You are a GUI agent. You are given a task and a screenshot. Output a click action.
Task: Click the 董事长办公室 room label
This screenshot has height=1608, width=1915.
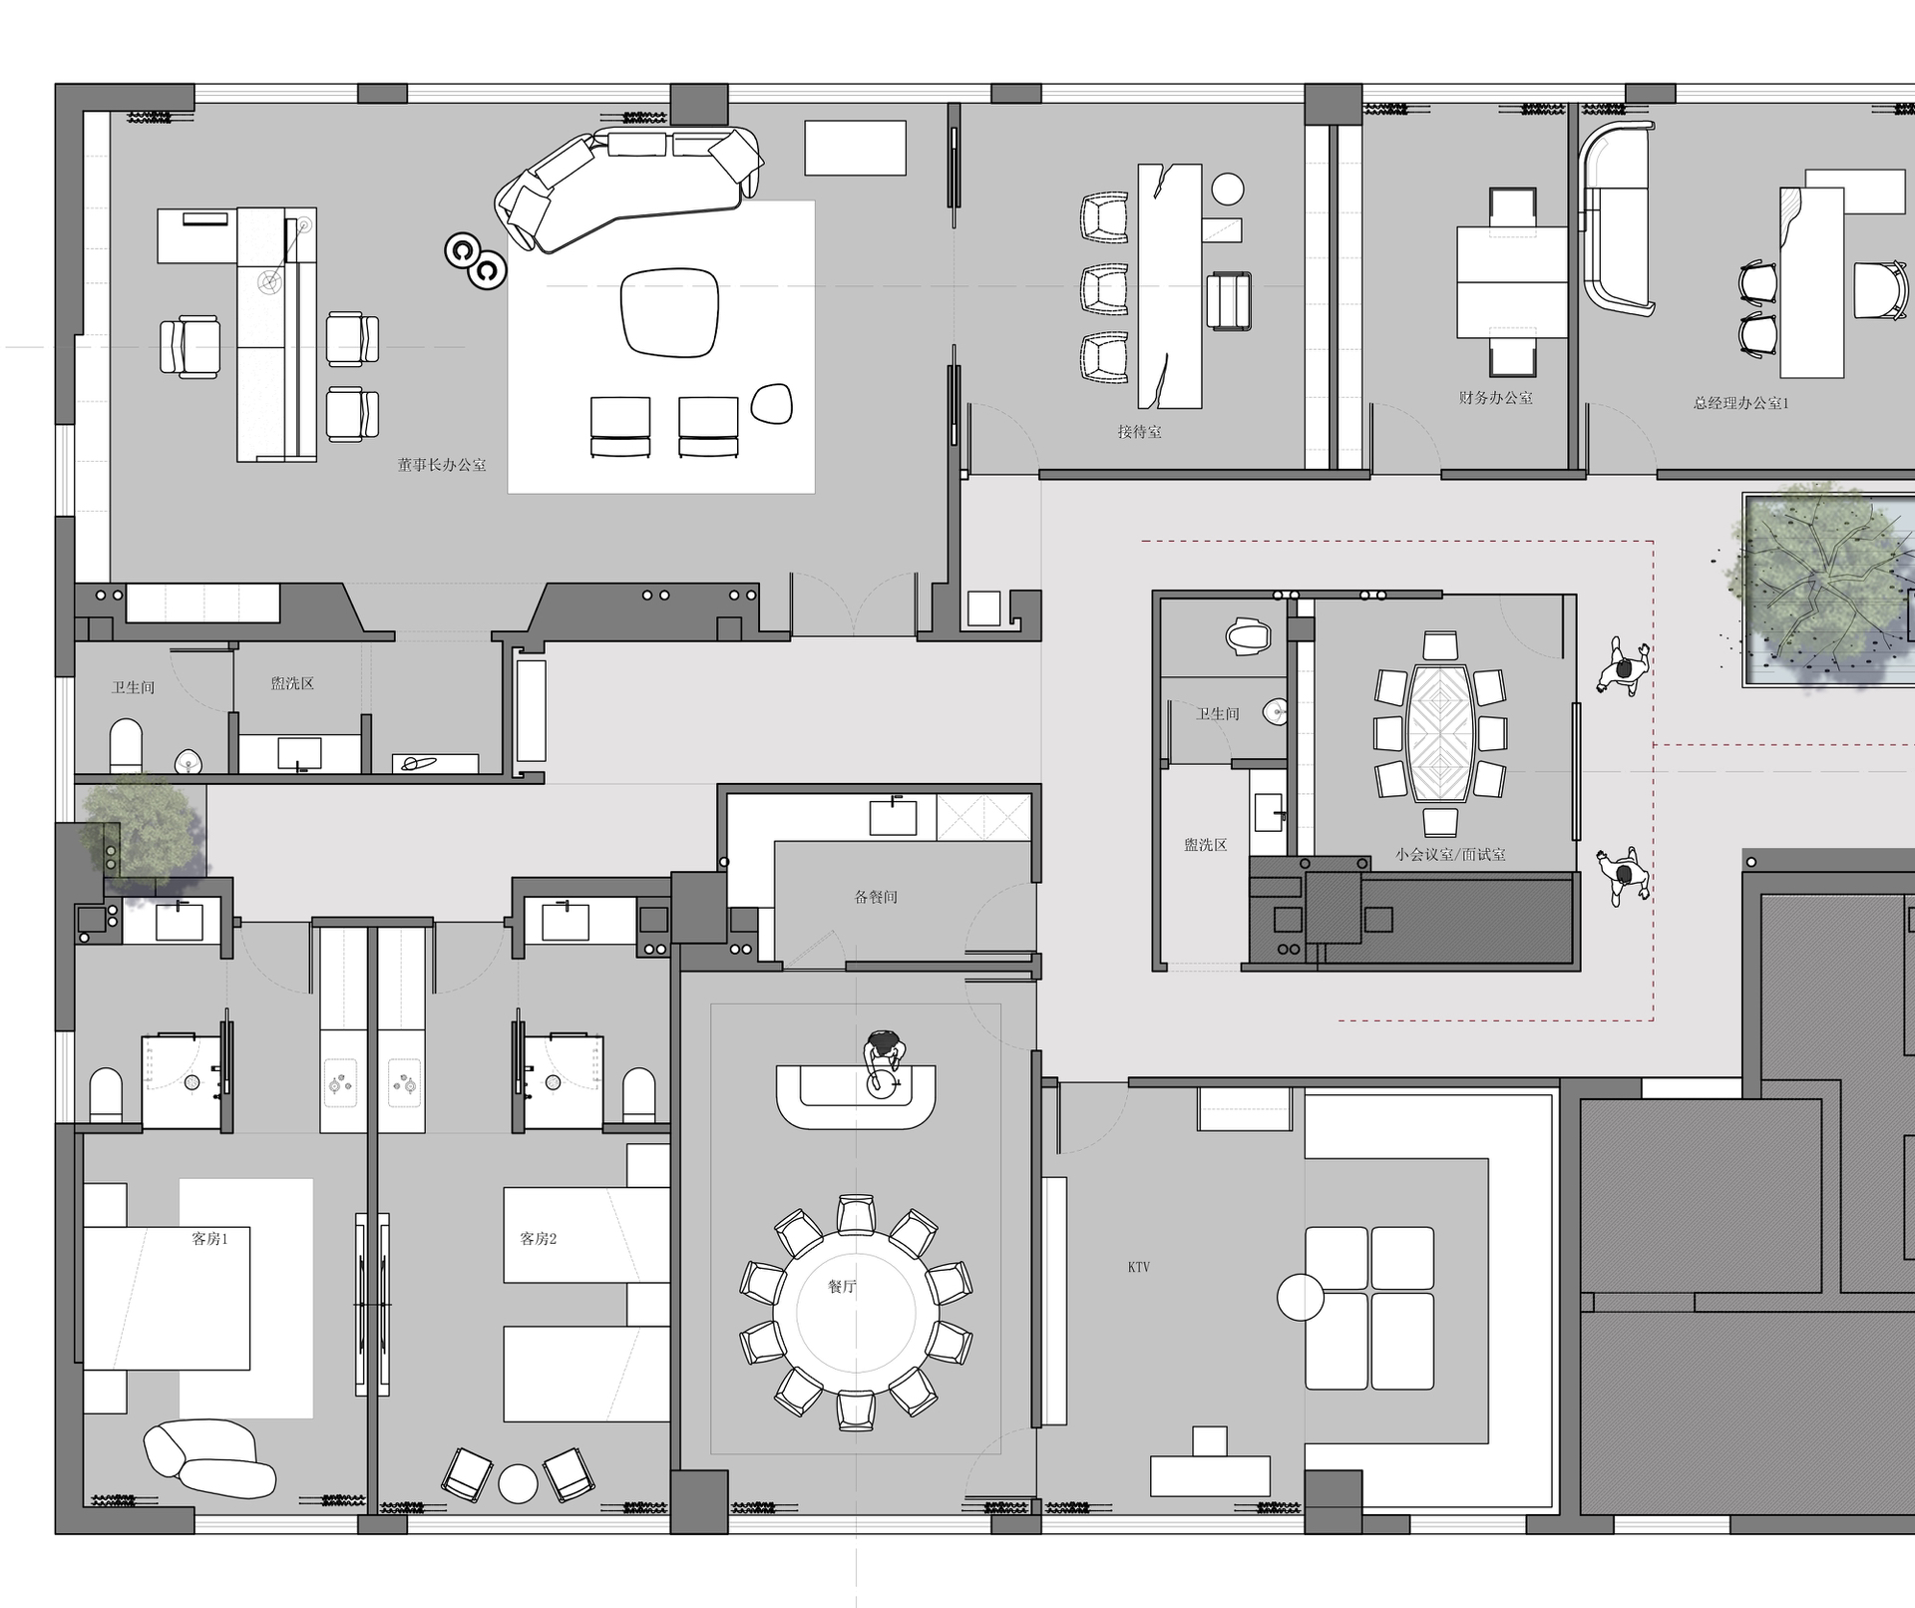[x=442, y=465]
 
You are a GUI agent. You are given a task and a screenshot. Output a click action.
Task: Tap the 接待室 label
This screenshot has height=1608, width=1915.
[x=1139, y=432]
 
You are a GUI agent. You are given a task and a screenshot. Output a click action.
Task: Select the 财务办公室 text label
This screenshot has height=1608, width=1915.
[x=1495, y=397]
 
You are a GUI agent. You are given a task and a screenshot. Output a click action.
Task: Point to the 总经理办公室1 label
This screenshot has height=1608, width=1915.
[x=1740, y=403]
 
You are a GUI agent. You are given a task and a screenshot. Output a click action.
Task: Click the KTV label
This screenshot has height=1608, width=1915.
[x=1139, y=1267]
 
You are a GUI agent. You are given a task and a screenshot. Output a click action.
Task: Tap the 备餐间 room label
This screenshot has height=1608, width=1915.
[x=876, y=897]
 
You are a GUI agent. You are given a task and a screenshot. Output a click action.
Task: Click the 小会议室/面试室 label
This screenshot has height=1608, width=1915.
[x=1450, y=855]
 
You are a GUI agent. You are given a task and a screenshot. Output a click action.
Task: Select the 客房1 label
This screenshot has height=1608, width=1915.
[x=209, y=1239]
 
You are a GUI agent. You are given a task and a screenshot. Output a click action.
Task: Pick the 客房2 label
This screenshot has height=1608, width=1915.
[x=539, y=1239]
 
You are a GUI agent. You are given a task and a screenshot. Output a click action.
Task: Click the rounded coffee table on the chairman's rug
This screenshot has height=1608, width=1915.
[x=669, y=312]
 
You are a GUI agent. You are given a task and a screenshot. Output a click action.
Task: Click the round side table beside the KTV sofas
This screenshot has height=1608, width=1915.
[x=1301, y=1297]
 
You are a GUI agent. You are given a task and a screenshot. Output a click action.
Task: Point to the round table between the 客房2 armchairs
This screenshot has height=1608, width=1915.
[x=518, y=1483]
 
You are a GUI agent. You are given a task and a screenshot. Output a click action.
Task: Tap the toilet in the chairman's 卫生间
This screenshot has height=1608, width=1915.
[x=126, y=745]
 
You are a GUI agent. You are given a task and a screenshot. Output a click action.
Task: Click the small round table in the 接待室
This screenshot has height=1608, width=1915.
[x=1228, y=189]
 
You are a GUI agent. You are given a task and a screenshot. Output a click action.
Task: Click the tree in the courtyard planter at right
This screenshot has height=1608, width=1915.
[x=1823, y=589]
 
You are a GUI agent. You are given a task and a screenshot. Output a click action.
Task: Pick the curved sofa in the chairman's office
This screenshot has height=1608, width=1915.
[x=628, y=185]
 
